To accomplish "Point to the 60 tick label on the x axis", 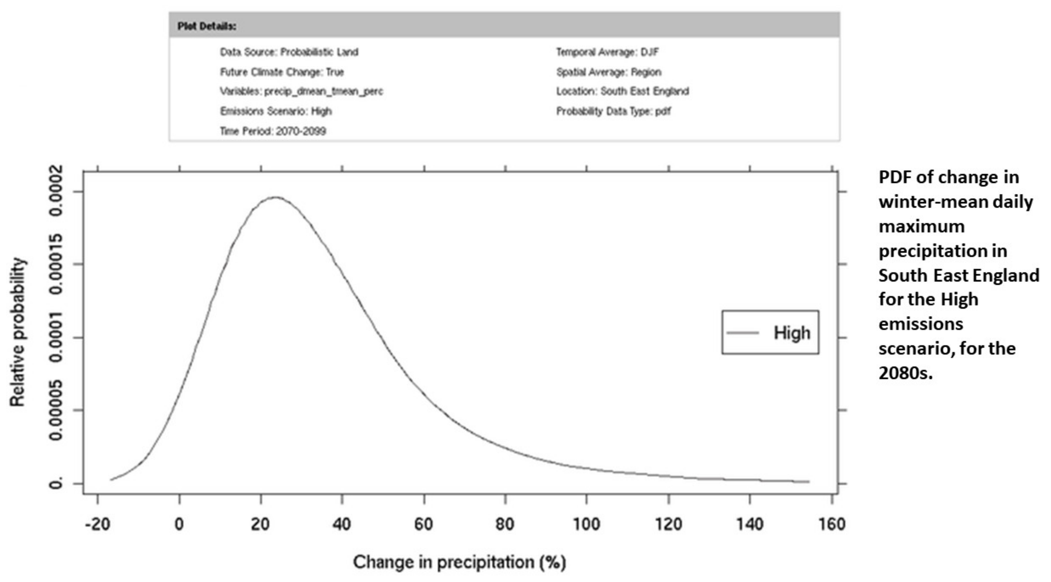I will coord(423,524).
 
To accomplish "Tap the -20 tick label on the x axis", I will coord(97,524).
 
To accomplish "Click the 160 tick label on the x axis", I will coord(832,524).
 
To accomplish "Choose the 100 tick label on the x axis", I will coord(586,524).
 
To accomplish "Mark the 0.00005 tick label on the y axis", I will coord(56,410).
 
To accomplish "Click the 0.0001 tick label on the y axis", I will coord(56,337).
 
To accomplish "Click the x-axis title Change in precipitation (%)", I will coord(459,562).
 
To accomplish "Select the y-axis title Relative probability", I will coord(17,332).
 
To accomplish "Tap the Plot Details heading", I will coord(207,26).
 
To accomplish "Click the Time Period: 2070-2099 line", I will coord(273,131).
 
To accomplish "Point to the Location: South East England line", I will coord(623,91).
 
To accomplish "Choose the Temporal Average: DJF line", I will coord(608,52).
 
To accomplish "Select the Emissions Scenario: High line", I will coord(276,111).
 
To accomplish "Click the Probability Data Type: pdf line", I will coord(614,111).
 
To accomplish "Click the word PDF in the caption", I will coord(894,178).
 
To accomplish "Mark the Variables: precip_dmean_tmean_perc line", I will coord(302,91).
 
